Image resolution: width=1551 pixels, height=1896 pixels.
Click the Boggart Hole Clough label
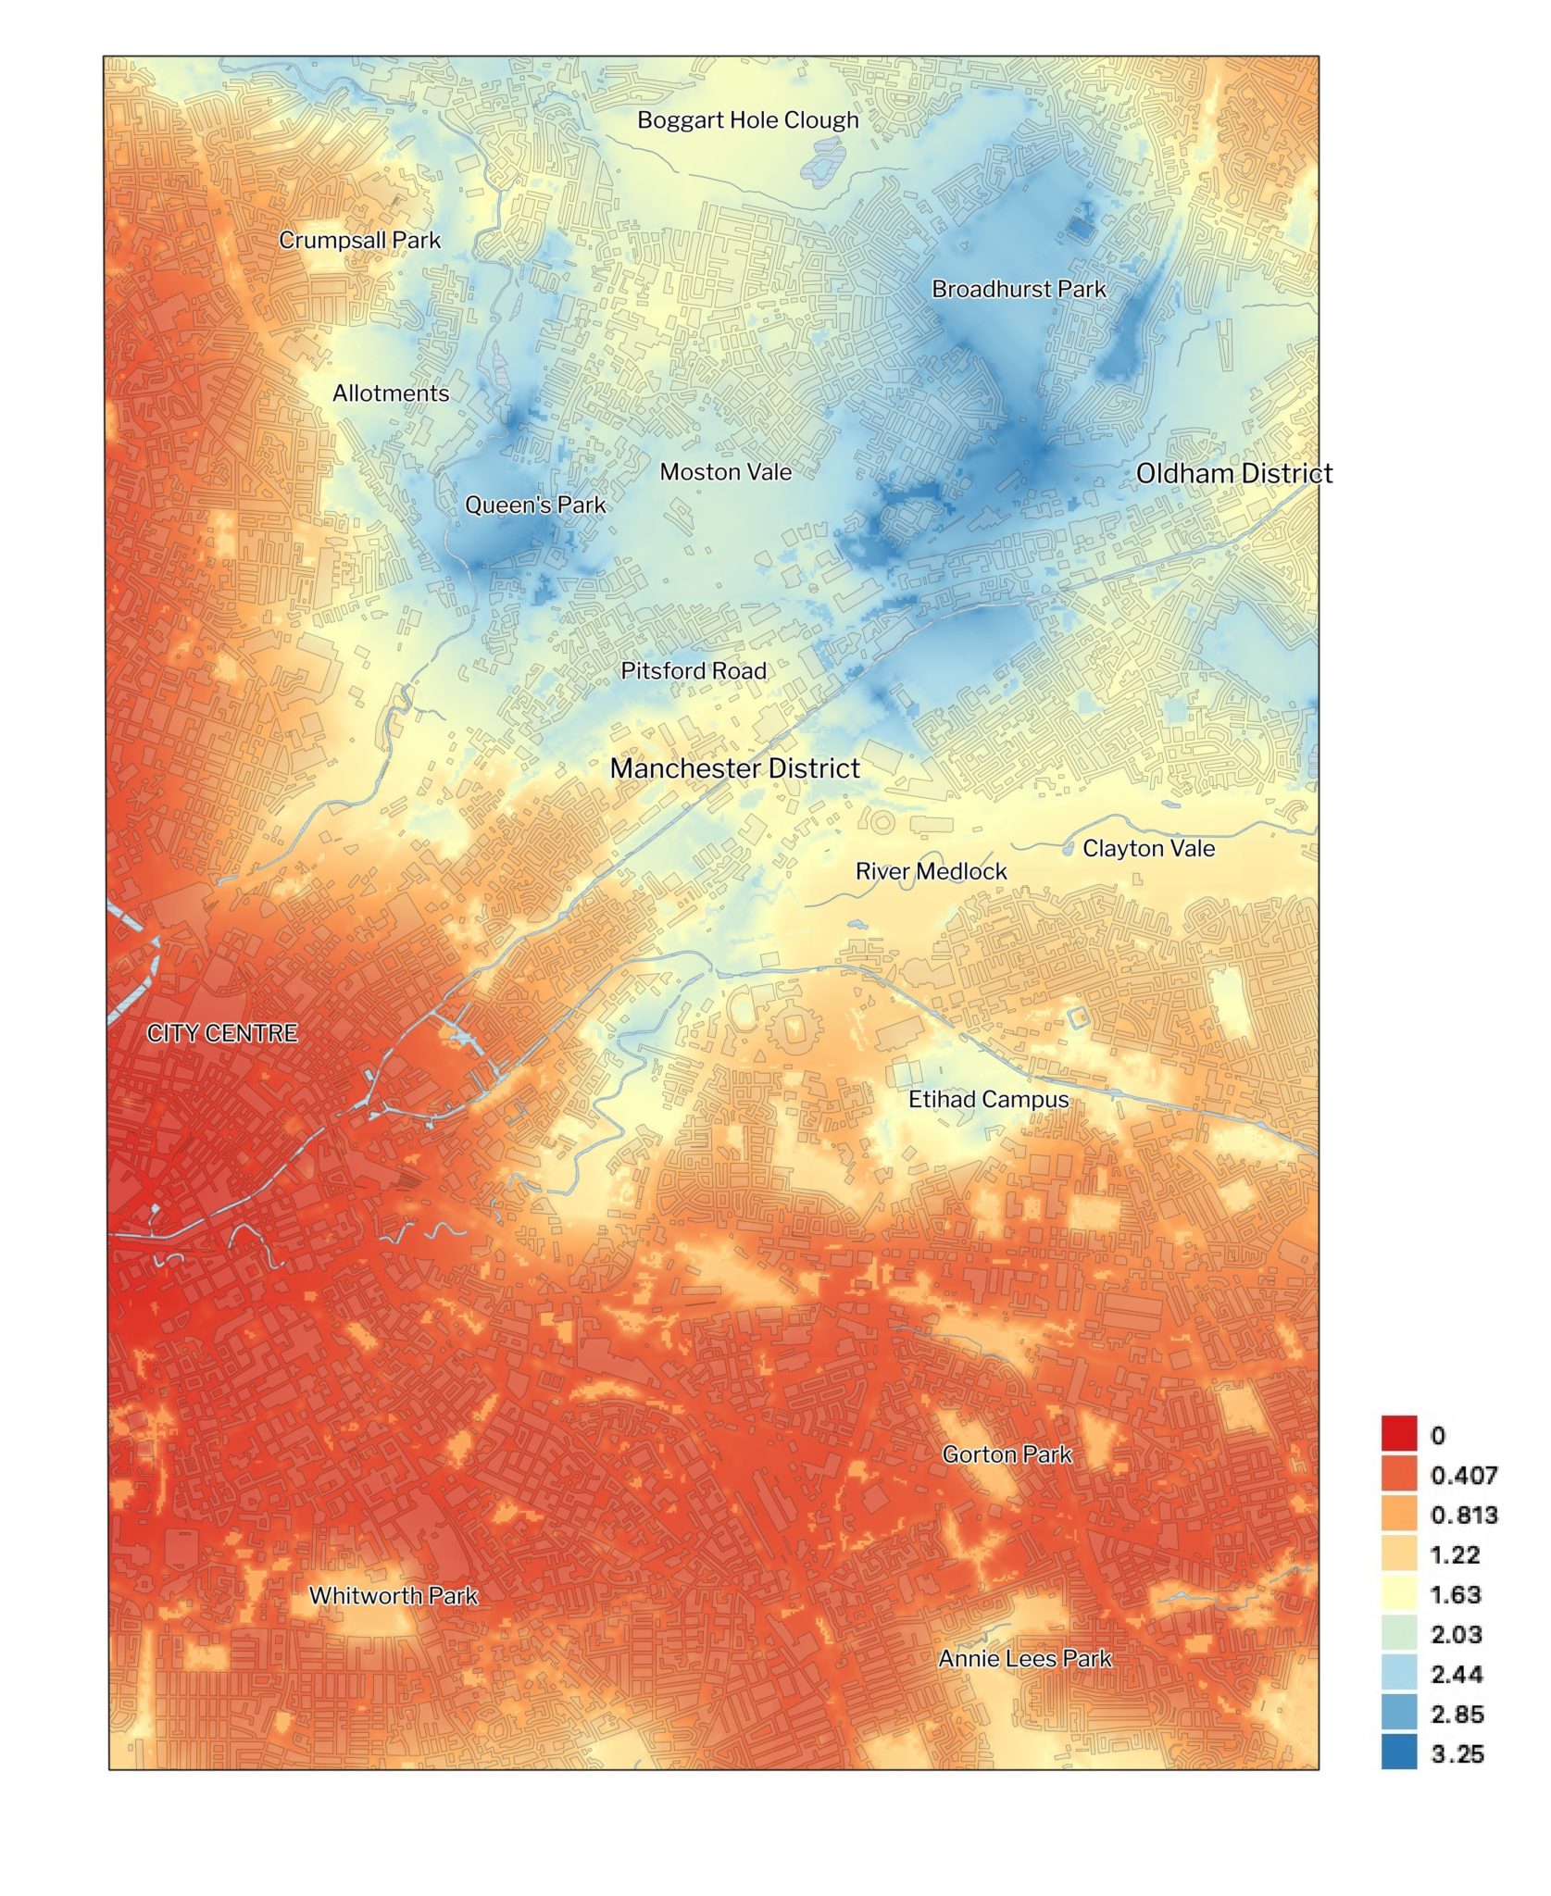[x=747, y=120]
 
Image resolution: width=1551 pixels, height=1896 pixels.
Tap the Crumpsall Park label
[x=359, y=240]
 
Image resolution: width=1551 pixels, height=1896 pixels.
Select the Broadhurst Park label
[x=1019, y=289]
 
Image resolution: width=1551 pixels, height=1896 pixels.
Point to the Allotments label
[x=390, y=393]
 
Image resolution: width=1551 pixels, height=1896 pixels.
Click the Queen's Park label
[x=534, y=505]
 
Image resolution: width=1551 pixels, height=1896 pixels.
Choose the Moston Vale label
[x=725, y=472]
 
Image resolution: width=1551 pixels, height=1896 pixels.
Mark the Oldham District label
[x=1233, y=473]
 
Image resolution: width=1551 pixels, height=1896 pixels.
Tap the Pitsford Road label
[x=693, y=671]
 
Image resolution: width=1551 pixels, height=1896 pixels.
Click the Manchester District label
[x=734, y=768]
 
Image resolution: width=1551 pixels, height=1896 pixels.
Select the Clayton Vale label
[x=1148, y=848]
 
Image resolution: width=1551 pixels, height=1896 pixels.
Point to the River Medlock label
[x=931, y=871]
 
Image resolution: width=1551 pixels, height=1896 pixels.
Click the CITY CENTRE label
[x=222, y=1033]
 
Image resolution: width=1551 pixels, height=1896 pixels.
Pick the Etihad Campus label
[x=988, y=1100]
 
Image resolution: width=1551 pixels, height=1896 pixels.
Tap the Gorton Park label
[x=1007, y=1454]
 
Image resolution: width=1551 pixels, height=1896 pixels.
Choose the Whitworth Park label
[x=393, y=1596]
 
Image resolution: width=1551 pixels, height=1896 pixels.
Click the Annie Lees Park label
[x=1024, y=1659]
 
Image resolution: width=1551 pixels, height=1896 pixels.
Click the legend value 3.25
[x=1457, y=1753]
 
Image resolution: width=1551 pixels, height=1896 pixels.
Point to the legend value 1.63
[x=1456, y=1594]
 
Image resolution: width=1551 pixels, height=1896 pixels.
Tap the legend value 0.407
[x=1463, y=1475]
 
